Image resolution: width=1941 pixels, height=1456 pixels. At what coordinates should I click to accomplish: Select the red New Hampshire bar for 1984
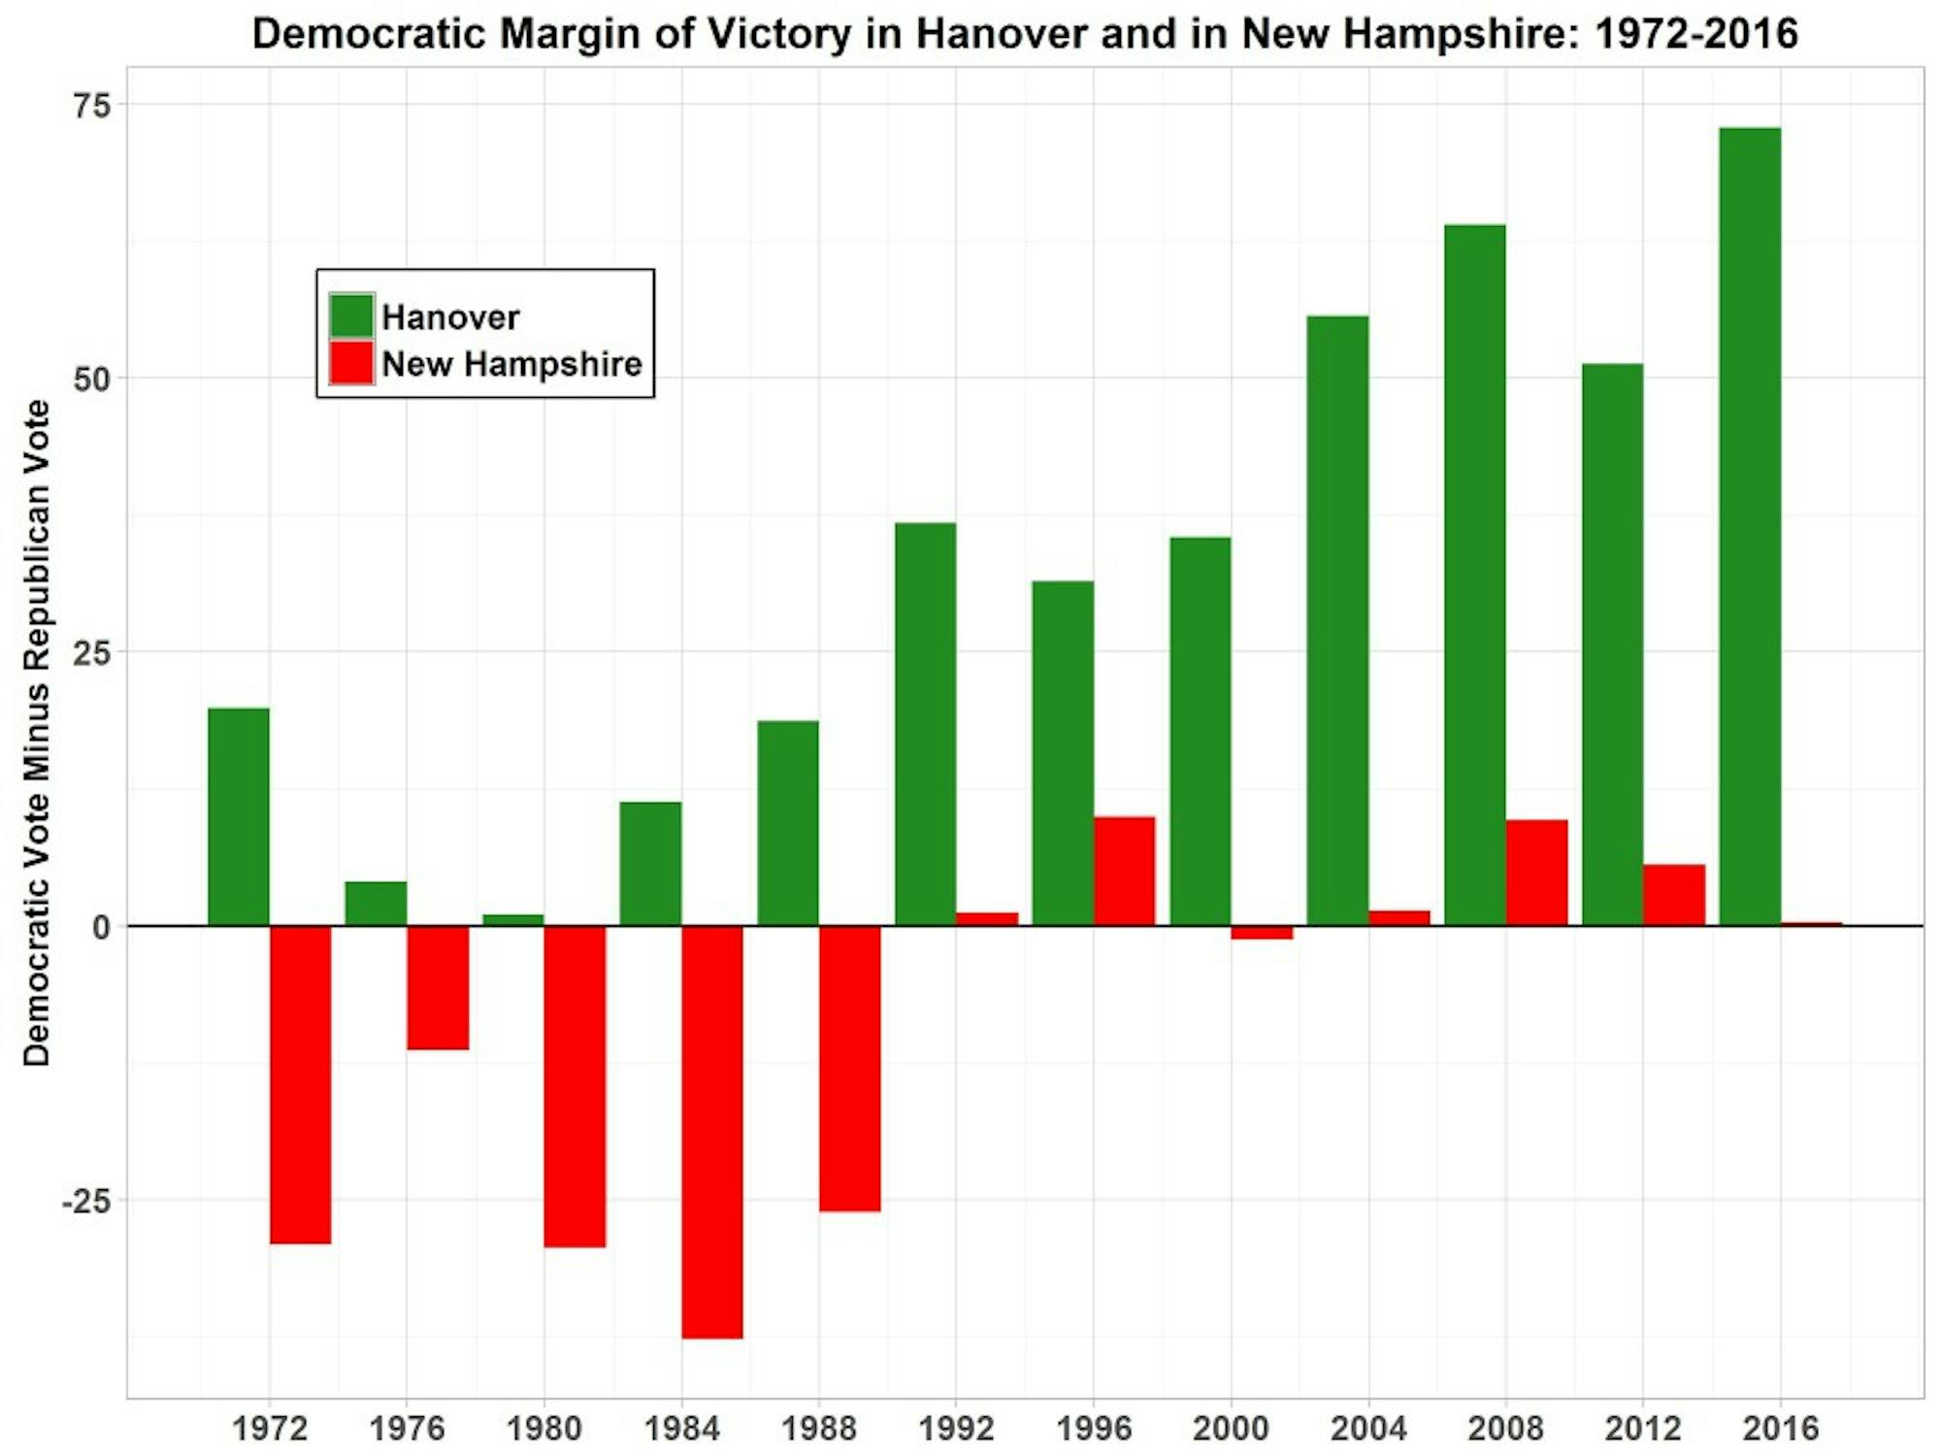pyautogui.click(x=711, y=1132)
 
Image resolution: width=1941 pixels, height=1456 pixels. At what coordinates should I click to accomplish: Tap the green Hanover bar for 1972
pyautogui.click(x=239, y=816)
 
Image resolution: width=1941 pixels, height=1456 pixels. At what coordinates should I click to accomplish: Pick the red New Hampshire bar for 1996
pyautogui.click(x=1124, y=871)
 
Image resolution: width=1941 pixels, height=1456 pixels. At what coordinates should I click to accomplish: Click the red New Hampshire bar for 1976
pyautogui.click(x=438, y=987)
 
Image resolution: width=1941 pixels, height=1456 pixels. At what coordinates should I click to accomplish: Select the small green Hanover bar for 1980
pyautogui.click(x=513, y=920)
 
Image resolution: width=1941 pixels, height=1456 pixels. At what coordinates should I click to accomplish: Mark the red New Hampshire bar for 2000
pyautogui.click(x=1262, y=933)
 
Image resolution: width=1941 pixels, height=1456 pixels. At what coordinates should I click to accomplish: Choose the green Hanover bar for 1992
pyautogui.click(x=925, y=724)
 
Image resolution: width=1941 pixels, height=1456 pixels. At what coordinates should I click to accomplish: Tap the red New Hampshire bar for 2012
pyautogui.click(x=1673, y=895)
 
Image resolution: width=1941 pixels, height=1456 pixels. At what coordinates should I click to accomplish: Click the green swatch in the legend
pyautogui.click(x=351, y=316)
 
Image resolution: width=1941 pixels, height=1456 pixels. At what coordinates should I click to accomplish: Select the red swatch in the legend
pyautogui.click(x=351, y=363)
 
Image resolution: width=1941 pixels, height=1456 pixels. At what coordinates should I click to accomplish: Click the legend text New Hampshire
pyautogui.click(x=511, y=364)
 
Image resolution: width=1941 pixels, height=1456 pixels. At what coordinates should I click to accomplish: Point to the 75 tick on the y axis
pyautogui.click(x=92, y=105)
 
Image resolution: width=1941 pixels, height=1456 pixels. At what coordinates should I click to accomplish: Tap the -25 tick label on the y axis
pyautogui.click(x=86, y=1201)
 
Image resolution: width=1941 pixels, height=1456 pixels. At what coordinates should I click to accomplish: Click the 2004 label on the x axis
pyautogui.click(x=1367, y=1428)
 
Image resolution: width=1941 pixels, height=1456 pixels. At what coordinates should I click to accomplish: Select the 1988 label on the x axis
pyautogui.click(x=818, y=1428)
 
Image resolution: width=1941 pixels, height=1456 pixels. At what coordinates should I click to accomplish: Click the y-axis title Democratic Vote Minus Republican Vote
pyautogui.click(x=37, y=733)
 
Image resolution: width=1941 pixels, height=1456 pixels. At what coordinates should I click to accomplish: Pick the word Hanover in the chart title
pyautogui.click(x=1001, y=34)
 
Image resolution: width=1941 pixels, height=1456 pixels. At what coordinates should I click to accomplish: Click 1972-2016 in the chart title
pyautogui.click(x=1695, y=34)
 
